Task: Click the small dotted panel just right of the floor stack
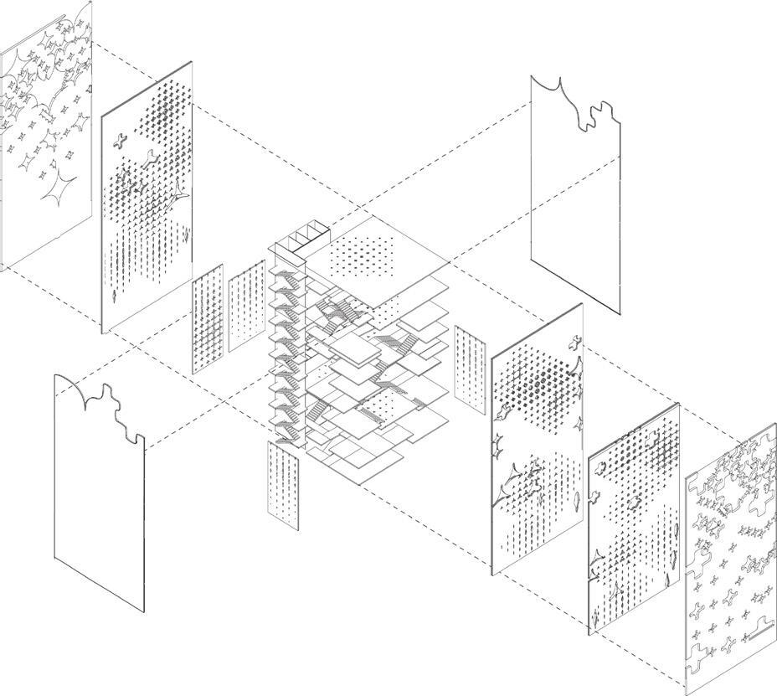[x=471, y=369]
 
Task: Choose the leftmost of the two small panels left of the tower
[x=208, y=318]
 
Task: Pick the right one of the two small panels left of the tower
[x=247, y=306]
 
